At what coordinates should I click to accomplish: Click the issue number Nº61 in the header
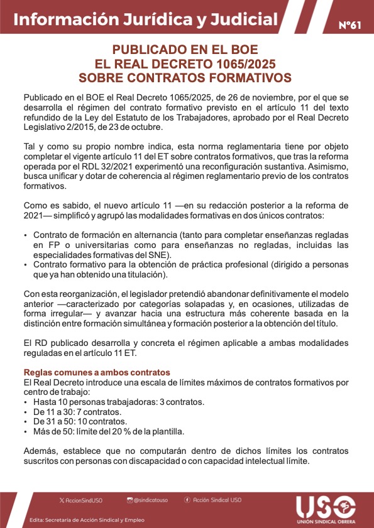coord(350,26)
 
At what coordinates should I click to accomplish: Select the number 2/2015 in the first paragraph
coord(82,127)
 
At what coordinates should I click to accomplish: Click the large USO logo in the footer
coord(325,507)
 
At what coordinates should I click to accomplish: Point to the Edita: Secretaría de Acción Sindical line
coord(87,520)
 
